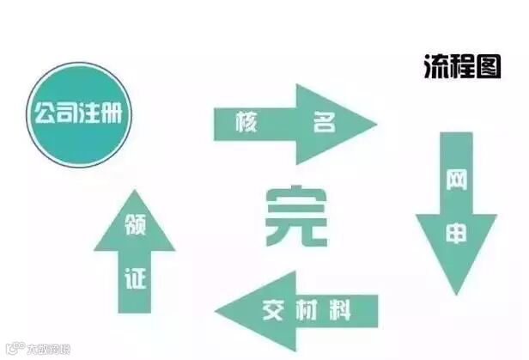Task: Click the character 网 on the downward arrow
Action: pyautogui.click(x=456, y=181)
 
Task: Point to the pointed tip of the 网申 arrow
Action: pyautogui.click(x=457, y=290)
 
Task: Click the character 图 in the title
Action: pyautogui.click(x=488, y=68)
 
